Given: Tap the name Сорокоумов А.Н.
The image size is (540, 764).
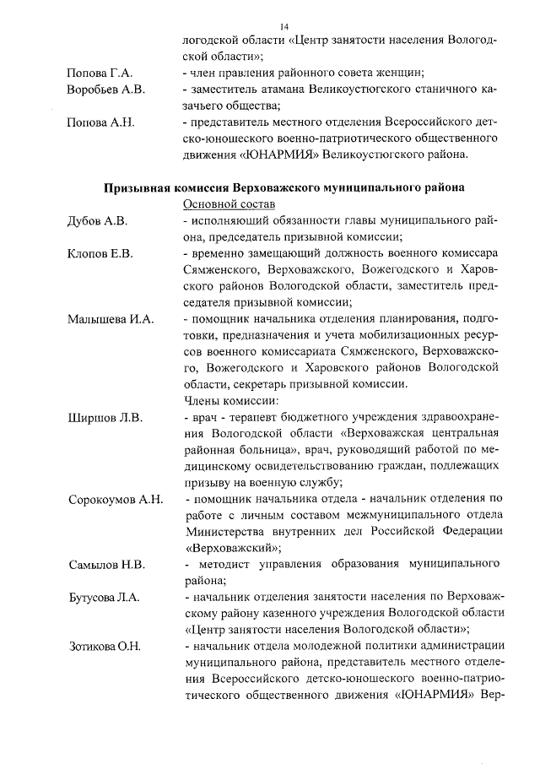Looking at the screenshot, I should (x=116, y=500).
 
